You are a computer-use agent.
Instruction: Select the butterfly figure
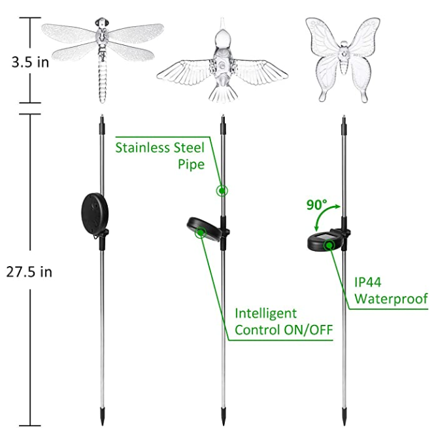(x=342, y=59)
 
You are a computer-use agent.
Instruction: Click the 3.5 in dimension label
(x=30, y=62)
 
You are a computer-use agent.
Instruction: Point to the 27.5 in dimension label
(x=29, y=271)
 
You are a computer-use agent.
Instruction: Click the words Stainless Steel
(x=160, y=148)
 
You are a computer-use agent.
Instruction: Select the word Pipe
(x=191, y=164)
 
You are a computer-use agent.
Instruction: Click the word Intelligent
(x=265, y=313)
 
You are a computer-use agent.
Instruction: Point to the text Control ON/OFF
(x=284, y=329)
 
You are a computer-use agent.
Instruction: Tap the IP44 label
(x=368, y=282)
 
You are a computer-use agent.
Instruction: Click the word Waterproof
(x=391, y=299)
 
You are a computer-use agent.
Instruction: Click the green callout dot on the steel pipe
(x=222, y=191)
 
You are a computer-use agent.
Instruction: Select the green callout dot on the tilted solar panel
(x=201, y=232)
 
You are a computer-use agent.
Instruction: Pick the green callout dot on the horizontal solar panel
(x=329, y=245)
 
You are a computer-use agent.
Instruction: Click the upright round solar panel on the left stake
(x=95, y=214)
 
